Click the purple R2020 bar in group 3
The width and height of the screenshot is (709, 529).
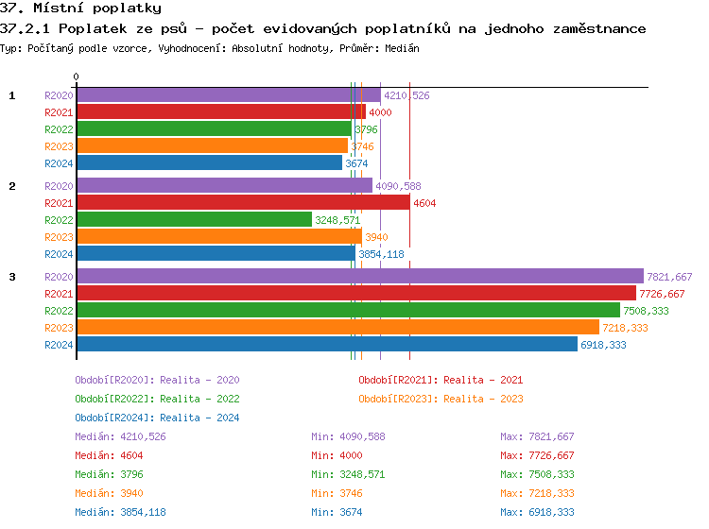[359, 277]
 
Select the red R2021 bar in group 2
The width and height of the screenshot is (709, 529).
[243, 203]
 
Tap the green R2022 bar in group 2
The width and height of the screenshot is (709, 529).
[194, 220]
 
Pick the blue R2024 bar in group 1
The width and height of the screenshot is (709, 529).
[209, 163]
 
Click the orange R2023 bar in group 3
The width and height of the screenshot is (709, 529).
[337, 328]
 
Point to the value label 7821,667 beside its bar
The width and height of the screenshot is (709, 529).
[669, 277]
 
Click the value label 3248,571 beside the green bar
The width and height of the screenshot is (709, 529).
[337, 220]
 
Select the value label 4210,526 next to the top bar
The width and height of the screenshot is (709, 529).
[406, 95]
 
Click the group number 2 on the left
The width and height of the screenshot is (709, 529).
[12, 186]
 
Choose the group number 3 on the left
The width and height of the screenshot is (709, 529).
[12, 277]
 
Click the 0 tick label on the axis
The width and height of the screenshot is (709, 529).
[77, 77]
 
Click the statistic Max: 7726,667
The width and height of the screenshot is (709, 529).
[537, 455]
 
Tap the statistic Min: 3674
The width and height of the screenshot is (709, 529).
[337, 512]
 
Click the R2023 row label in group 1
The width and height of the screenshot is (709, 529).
[59, 146]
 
